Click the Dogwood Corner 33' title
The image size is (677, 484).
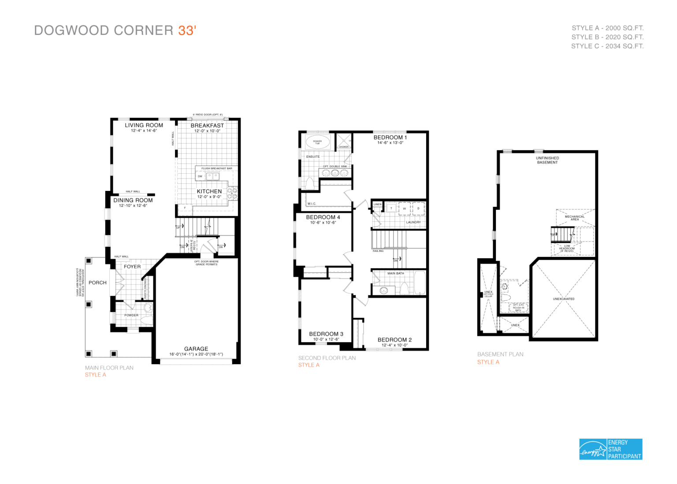click(x=115, y=30)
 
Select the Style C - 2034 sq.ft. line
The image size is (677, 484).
click(x=607, y=46)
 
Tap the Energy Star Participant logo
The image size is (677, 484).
click(x=610, y=449)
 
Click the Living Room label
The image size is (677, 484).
click(x=144, y=126)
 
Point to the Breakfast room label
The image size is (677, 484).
click(x=207, y=126)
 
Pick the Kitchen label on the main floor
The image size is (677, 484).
click(x=209, y=191)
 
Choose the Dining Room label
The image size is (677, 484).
click(x=133, y=200)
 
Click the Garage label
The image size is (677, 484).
click(x=196, y=349)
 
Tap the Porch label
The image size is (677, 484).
click(x=97, y=283)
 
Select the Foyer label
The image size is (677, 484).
click(x=132, y=267)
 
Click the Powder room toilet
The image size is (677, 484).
click(x=148, y=307)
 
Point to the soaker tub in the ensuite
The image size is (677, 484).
click(x=317, y=142)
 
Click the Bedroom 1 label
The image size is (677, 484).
click(x=390, y=138)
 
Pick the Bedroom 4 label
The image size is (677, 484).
click(x=323, y=217)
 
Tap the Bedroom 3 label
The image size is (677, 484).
click(x=326, y=334)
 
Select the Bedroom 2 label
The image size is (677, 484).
click(x=394, y=340)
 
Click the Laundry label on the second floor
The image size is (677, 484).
click(x=413, y=222)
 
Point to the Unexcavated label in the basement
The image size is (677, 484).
click(x=564, y=299)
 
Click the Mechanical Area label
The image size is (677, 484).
click(x=575, y=218)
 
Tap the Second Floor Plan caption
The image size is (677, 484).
click(x=327, y=358)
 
